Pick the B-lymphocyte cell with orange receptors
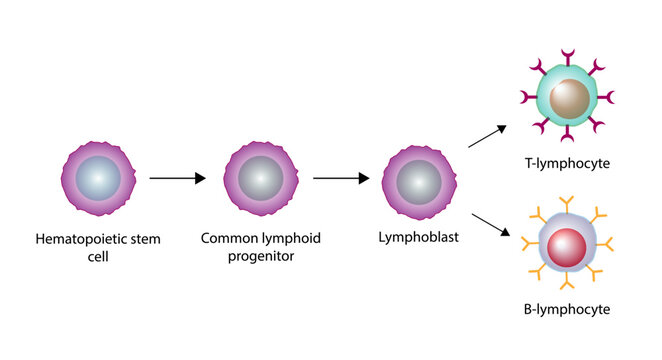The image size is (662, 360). point(566,245)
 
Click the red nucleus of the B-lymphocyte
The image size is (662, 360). point(566,245)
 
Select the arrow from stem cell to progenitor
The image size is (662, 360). point(177,179)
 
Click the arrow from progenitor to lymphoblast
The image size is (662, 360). point(341,179)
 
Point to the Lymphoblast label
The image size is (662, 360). point(418,239)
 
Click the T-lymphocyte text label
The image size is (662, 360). point(567,162)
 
